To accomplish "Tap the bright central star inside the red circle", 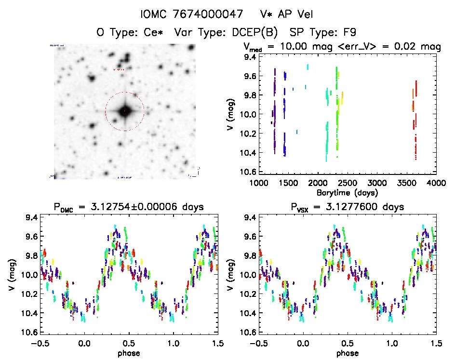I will (125, 111).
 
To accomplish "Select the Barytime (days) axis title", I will (347, 192).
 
